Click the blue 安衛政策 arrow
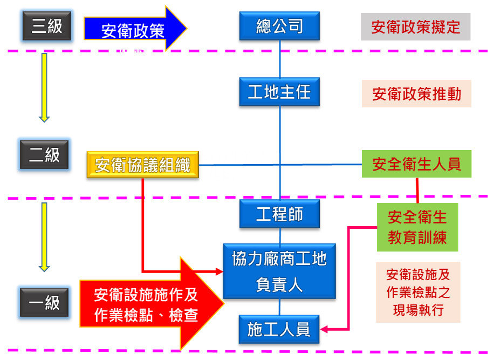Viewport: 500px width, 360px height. point(134,30)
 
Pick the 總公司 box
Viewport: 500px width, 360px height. point(279,26)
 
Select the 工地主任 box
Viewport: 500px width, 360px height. point(279,92)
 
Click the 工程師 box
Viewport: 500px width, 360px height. point(279,214)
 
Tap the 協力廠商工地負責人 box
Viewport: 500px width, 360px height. point(279,271)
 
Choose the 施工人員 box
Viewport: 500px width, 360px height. point(279,329)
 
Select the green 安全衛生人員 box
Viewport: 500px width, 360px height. point(416,164)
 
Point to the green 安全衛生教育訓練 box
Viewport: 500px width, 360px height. point(417,227)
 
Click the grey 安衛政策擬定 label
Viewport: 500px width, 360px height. point(415,27)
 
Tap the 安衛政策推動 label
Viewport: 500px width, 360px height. point(416,94)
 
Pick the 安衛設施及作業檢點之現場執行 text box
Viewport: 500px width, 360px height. point(418,292)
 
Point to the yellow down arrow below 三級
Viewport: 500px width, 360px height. point(44,86)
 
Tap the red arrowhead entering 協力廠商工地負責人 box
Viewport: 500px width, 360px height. point(219,271)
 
